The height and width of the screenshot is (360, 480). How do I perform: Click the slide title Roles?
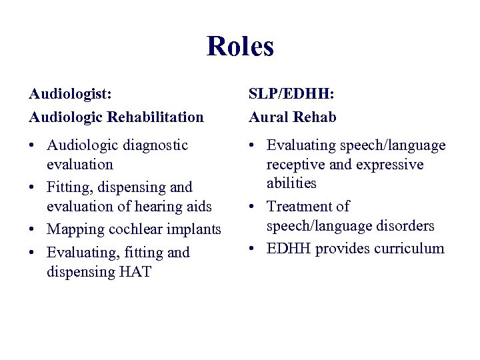pyautogui.click(x=240, y=47)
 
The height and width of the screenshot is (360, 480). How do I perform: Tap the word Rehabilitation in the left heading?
pyautogui.click(x=155, y=117)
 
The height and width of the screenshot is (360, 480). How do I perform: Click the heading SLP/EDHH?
pyautogui.click(x=291, y=95)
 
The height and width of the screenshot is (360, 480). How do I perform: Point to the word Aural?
pyautogui.click(x=269, y=117)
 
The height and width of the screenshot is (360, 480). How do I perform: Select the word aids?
pyautogui.click(x=199, y=207)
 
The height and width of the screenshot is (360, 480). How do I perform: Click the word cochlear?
pyautogui.click(x=136, y=230)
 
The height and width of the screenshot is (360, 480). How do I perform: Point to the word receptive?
pyautogui.click(x=296, y=165)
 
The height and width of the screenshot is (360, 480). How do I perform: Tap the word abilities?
pyautogui.click(x=291, y=183)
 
